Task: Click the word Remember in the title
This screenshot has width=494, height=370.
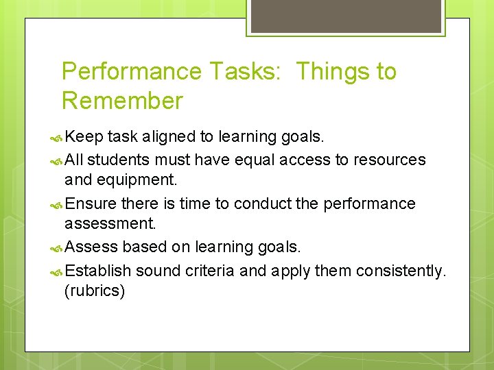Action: pos(122,101)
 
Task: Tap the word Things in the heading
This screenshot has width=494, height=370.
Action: pos(335,71)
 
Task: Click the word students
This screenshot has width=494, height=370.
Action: pos(119,160)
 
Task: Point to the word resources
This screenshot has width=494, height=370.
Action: pos(389,160)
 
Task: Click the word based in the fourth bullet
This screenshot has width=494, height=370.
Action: pos(142,247)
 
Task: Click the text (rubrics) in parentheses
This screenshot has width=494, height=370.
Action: pos(95,291)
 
